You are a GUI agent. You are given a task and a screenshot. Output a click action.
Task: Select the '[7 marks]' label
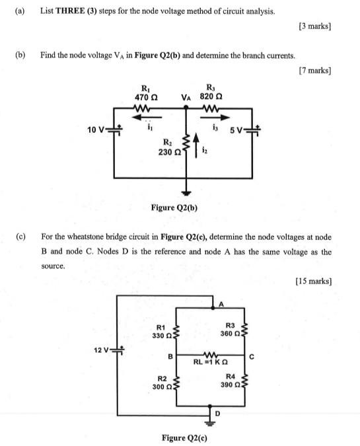pyautogui.click(x=314, y=70)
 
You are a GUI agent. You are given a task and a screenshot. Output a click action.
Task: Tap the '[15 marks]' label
pyautogui.click(x=312, y=281)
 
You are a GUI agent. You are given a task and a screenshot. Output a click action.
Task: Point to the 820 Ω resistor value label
pyautogui.click(x=210, y=97)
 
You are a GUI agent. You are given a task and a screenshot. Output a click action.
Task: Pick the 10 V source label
pyautogui.click(x=96, y=129)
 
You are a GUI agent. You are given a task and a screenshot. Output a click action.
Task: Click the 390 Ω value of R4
pyautogui.click(x=229, y=385)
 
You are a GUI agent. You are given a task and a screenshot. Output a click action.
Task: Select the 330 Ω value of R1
pyautogui.click(x=161, y=336)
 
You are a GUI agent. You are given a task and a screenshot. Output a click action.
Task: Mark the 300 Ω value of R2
pyautogui.click(x=161, y=386)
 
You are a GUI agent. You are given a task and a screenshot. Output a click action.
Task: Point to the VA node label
pyautogui.click(x=188, y=97)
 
